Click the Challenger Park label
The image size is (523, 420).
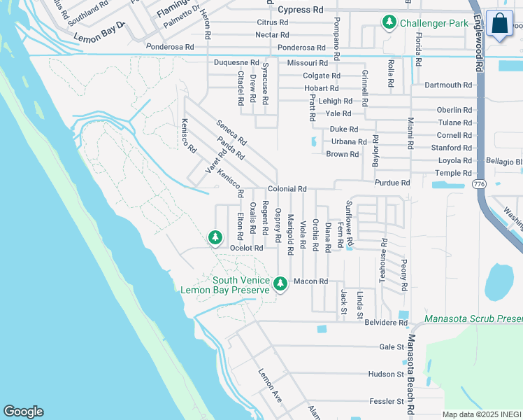[434, 23]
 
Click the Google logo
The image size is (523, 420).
[23, 412]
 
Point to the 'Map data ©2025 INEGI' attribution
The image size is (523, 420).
[482, 414]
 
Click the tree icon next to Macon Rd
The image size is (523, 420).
[280, 283]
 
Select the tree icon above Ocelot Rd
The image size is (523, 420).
[215, 238]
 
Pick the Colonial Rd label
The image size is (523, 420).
[287, 189]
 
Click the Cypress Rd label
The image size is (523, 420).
[301, 10]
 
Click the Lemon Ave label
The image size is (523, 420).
[270, 386]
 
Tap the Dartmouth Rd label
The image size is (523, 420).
[447, 85]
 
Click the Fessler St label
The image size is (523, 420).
[387, 402]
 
